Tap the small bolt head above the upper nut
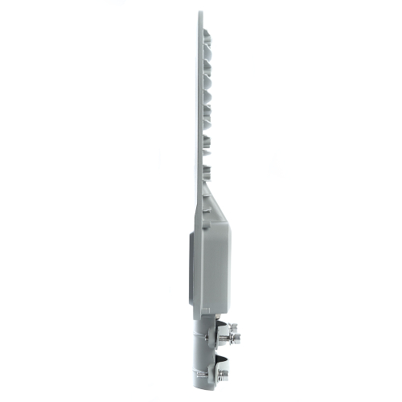[226, 320]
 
